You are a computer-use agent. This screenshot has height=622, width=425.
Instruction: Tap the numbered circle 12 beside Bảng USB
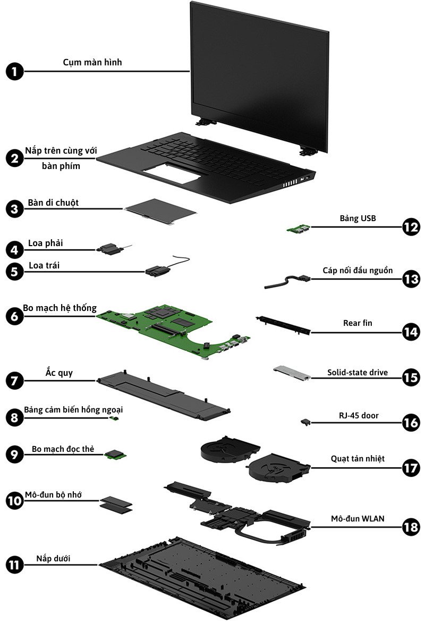410,228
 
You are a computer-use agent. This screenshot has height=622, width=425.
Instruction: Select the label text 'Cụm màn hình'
92,62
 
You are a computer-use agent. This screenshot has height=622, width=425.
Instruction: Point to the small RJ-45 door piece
305,422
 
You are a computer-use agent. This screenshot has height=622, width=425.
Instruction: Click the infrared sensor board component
114,419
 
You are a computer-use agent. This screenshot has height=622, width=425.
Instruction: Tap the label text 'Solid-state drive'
356,373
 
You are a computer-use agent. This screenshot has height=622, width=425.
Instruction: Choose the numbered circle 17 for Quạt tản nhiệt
410,468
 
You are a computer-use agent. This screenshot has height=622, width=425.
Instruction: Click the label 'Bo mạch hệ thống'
59,308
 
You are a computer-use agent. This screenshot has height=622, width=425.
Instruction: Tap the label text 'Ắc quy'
59,373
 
